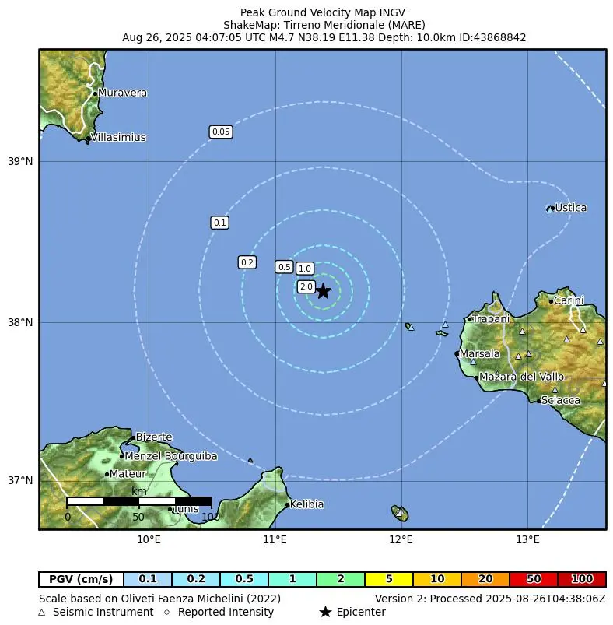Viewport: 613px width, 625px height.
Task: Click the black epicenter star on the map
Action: point(323,291)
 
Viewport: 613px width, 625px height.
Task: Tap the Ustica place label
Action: point(570,208)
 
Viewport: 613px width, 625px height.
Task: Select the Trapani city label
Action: point(491,319)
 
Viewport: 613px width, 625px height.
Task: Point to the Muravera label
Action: point(122,93)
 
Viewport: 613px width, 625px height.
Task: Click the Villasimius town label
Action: point(118,138)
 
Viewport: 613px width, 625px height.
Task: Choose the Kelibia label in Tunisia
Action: point(306,504)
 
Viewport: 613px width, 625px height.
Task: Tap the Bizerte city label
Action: point(154,437)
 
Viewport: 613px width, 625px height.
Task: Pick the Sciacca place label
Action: point(561,400)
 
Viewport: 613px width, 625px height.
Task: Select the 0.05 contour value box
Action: point(221,132)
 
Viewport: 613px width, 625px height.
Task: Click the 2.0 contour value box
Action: point(306,287)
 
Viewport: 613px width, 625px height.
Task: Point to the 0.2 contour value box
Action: point(247,262)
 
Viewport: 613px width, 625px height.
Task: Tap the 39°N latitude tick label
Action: point(20,162)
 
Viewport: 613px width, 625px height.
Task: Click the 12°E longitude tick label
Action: point(401,539)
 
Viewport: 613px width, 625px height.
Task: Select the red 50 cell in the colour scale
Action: point(534,579)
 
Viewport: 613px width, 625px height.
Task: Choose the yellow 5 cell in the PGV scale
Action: point(388,579)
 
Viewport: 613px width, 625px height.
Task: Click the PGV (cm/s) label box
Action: point(81,579)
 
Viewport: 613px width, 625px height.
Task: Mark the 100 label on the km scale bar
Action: point(211,516)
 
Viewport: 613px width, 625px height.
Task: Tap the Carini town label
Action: point(569,300)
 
